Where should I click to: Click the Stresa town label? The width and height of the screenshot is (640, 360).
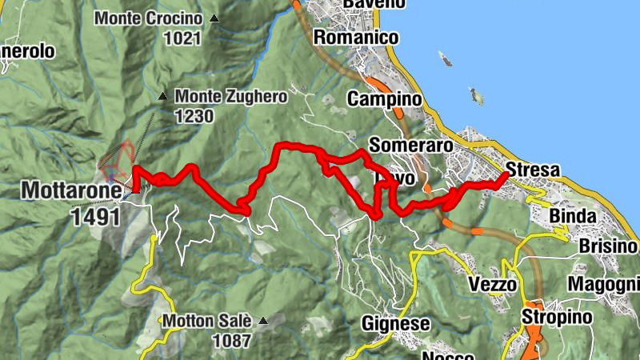click(x=534, y=170)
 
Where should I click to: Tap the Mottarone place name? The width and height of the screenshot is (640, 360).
click(x=71, y=191)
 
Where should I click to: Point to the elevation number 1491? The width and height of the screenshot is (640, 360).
click(x=95, y=217)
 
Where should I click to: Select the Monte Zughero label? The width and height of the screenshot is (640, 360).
click(x=230, y=96)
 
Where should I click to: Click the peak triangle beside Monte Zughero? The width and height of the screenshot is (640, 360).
click(x=163, y=96)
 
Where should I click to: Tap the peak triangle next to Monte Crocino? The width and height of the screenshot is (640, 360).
click(x=214, y=18)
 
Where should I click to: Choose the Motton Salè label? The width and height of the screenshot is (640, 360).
click(x=207, y=322)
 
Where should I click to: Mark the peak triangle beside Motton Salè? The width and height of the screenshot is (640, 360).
click(x=262, y=322)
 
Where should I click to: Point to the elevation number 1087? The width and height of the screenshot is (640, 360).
click(x=232, y=341)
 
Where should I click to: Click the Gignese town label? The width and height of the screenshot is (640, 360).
click(x=395, y=324)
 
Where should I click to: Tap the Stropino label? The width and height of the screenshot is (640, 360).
click(x=558, y=318)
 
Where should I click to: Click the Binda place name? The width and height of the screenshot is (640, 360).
click(x=572, y=217)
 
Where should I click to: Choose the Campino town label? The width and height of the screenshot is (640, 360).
click(x=384, y=99)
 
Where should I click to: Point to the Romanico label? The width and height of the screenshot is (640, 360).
click(x=356, y=37)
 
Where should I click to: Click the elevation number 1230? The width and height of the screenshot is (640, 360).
click(x=195, y=116)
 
